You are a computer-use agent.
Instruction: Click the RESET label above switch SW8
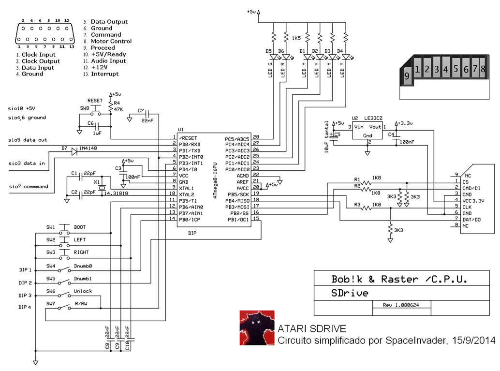tap(95, 100)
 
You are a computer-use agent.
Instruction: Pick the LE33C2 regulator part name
tap(373, 118)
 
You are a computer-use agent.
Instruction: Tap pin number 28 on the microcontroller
tap(256, 137)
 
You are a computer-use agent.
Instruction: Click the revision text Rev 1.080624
tap(401, 305)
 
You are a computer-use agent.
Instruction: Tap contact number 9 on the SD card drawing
tap(407, 76)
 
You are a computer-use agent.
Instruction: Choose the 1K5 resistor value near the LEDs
tap(296, 38)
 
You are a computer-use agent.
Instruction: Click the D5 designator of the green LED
tap(268, 50)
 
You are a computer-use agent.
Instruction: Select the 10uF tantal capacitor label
tap(327, 137)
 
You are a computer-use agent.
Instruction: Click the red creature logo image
tap(257, 328)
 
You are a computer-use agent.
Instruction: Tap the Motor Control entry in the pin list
tap(111, 42)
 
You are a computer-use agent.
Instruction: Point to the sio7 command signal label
tap(28, 186)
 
